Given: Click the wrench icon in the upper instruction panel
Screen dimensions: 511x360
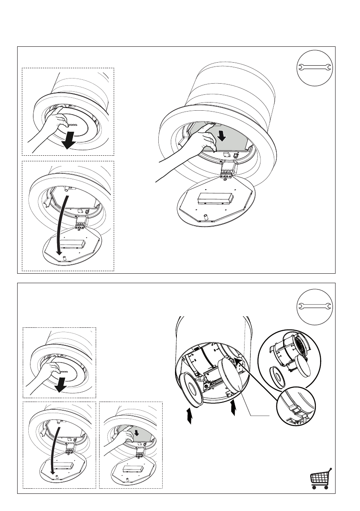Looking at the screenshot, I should (x=315, y=67).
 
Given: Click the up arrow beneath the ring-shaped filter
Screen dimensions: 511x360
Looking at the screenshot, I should (x=189, y=416).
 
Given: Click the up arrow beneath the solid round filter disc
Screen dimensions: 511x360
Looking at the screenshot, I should (x=233, y=408).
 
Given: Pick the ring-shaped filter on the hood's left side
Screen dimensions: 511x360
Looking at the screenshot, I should (x=191, y=388).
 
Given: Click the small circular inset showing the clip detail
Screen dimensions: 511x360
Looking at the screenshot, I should (x=296, y=408).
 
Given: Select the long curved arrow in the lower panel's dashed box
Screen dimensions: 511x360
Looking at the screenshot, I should (x=52, y=446).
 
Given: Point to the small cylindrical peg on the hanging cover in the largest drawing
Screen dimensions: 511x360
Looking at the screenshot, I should (x=205, y=214).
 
